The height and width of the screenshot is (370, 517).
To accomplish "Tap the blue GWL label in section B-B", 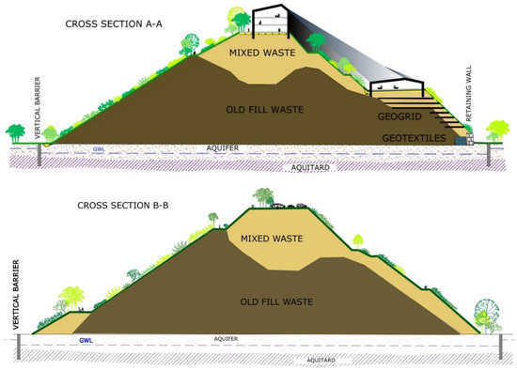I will [x=85, y=340].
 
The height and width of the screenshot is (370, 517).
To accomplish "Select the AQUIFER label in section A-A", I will [x=222, y=147].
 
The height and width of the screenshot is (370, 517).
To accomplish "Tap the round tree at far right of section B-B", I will [x=492, y=312].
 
